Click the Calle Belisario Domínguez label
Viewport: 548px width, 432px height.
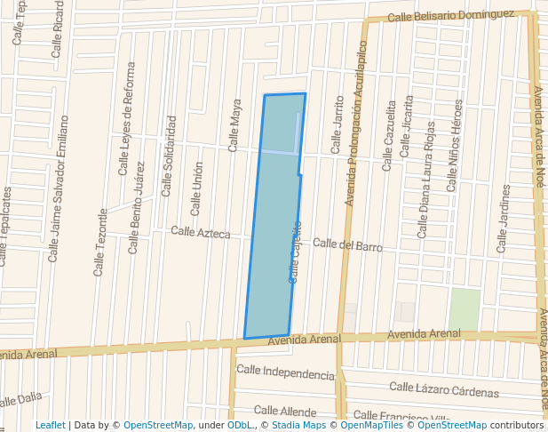[x=450, y=15]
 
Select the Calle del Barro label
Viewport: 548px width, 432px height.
[x=346, y=244]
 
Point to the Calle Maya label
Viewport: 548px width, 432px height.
[x=235, y=124]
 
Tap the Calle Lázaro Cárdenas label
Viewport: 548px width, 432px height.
[x=444, y=388]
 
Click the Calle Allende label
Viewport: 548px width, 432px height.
[x=285, y=411]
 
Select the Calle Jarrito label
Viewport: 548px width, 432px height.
[x=337, y=125]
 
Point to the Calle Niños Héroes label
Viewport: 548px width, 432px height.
[x=455, y=146]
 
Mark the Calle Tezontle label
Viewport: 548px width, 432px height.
[x=100, y=241]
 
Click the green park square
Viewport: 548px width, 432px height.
[x=464, y=308]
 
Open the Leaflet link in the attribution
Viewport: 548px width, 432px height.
[x=50, y=425]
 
